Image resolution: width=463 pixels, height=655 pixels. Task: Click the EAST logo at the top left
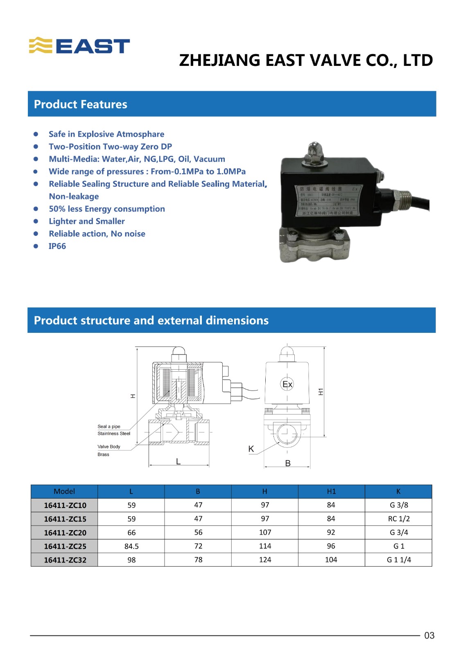tap(79, 46)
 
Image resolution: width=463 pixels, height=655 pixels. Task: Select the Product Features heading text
tap(80, 104)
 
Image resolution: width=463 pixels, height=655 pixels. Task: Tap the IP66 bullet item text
tap(57, 246)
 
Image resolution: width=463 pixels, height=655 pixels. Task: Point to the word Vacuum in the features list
tap(209, 159)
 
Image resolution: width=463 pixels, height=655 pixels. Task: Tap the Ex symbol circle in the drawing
tap(287, 384)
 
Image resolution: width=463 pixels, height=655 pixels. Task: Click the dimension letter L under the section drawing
tap(178, 461)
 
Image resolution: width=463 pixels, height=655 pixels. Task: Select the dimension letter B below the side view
tap(288, 463)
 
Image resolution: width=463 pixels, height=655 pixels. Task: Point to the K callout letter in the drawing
tap(251, 449)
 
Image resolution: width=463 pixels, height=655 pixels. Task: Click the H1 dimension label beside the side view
tap(321, 392)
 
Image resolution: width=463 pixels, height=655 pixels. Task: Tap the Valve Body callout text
tap(109, 447)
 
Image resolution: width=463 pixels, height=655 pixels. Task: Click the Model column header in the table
tap(64, 491)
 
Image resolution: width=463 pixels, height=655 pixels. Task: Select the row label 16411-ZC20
tap(65, 533)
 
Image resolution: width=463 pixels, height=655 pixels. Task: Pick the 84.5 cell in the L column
tap(131, 546)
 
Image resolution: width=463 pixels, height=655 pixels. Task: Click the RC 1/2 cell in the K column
tap(399, 519)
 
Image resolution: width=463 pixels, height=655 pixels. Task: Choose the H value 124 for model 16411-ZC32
tap(265, 560)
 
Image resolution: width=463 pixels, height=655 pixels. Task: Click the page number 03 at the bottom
tap(429, 635)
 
